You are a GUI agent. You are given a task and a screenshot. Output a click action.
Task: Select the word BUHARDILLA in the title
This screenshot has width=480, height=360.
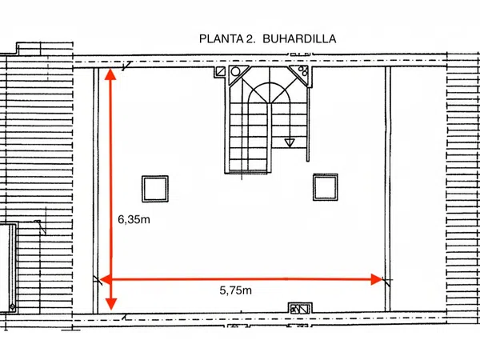coord(299,39)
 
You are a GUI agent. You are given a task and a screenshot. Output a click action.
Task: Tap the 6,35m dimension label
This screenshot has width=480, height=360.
coord(134,219)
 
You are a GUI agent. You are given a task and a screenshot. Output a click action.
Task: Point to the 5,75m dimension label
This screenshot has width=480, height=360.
coord(236,290)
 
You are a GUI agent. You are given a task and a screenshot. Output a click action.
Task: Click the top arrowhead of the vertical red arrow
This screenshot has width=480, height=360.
coord(110,74)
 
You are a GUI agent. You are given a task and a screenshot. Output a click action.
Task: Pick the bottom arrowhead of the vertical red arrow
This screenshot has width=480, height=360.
coord(111,305)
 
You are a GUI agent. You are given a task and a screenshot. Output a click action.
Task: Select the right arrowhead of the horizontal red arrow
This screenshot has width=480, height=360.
coord(377,279)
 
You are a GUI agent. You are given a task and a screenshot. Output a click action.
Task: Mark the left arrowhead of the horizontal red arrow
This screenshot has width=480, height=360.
coord(106,279)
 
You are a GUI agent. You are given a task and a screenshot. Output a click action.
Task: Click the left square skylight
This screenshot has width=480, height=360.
coord(155,189)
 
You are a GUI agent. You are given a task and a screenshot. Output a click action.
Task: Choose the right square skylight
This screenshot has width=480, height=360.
coord(326,187)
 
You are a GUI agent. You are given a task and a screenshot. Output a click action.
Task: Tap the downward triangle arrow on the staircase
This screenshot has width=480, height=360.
coord(290,142)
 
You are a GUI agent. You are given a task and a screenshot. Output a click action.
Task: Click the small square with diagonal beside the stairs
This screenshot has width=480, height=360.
coord(221,72)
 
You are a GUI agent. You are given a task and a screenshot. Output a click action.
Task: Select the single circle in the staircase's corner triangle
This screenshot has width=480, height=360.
coord(235,72)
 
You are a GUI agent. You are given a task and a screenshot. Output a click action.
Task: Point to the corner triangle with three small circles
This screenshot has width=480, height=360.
coord(301,73)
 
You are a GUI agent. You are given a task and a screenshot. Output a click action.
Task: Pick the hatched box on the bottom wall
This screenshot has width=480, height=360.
coord(300,309)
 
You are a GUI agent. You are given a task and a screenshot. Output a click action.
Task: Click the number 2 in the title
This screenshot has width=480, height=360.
coord(249,39)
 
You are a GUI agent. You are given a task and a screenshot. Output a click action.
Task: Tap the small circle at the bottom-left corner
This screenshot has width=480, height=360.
coord(12,306)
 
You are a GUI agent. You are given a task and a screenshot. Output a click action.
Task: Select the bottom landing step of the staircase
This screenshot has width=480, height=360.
coord(248,172)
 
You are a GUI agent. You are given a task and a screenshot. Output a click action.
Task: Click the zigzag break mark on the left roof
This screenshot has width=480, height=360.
coord(41,226)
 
